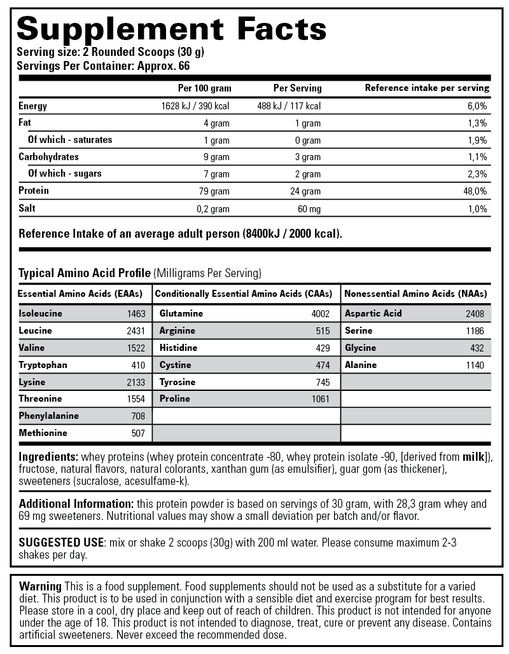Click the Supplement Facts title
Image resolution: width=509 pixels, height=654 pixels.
[171, 28]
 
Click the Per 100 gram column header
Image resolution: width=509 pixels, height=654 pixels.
[205, 88]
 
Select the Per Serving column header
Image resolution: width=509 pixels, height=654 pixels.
[298, 88]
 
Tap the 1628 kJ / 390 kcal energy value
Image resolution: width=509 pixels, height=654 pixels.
[196, 106]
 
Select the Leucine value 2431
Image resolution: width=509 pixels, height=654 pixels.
[136, 331]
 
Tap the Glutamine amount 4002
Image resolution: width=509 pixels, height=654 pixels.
[321, 314]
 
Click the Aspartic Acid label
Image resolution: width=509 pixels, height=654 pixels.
[373, 313]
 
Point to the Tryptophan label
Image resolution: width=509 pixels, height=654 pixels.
[43, 365]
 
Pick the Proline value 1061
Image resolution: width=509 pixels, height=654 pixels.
[321, 399]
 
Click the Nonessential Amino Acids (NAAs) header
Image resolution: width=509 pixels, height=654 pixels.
[415, 294]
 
